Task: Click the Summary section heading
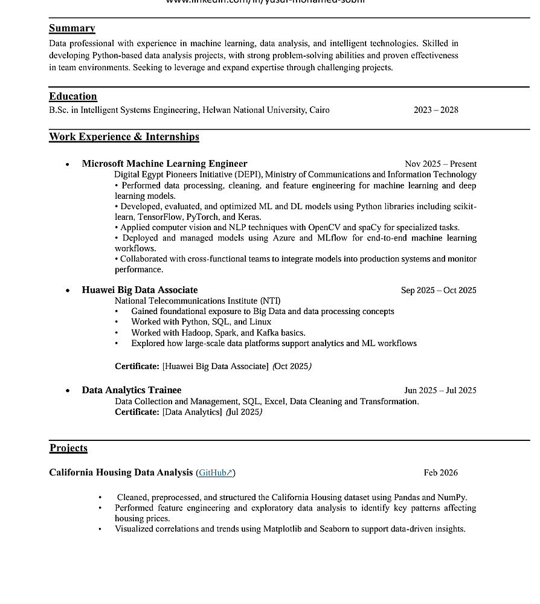[72, 28]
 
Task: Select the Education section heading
[72, 97]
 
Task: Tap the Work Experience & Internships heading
[124, 137]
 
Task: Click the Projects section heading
[68, 448]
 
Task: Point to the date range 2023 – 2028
[436, 110]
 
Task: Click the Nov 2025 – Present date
[440, 164]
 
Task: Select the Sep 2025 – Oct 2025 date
[439, 291]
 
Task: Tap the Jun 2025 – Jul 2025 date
[440, 390]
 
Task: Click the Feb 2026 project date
[440, 473]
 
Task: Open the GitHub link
[215, 473]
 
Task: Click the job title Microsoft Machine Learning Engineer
[164, 164]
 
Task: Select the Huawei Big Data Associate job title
[140, 290]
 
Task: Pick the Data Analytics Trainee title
[132, 390]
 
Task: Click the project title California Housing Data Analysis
[121, 472]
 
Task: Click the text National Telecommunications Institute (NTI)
[198, 301]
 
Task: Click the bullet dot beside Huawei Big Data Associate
[68, 291]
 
